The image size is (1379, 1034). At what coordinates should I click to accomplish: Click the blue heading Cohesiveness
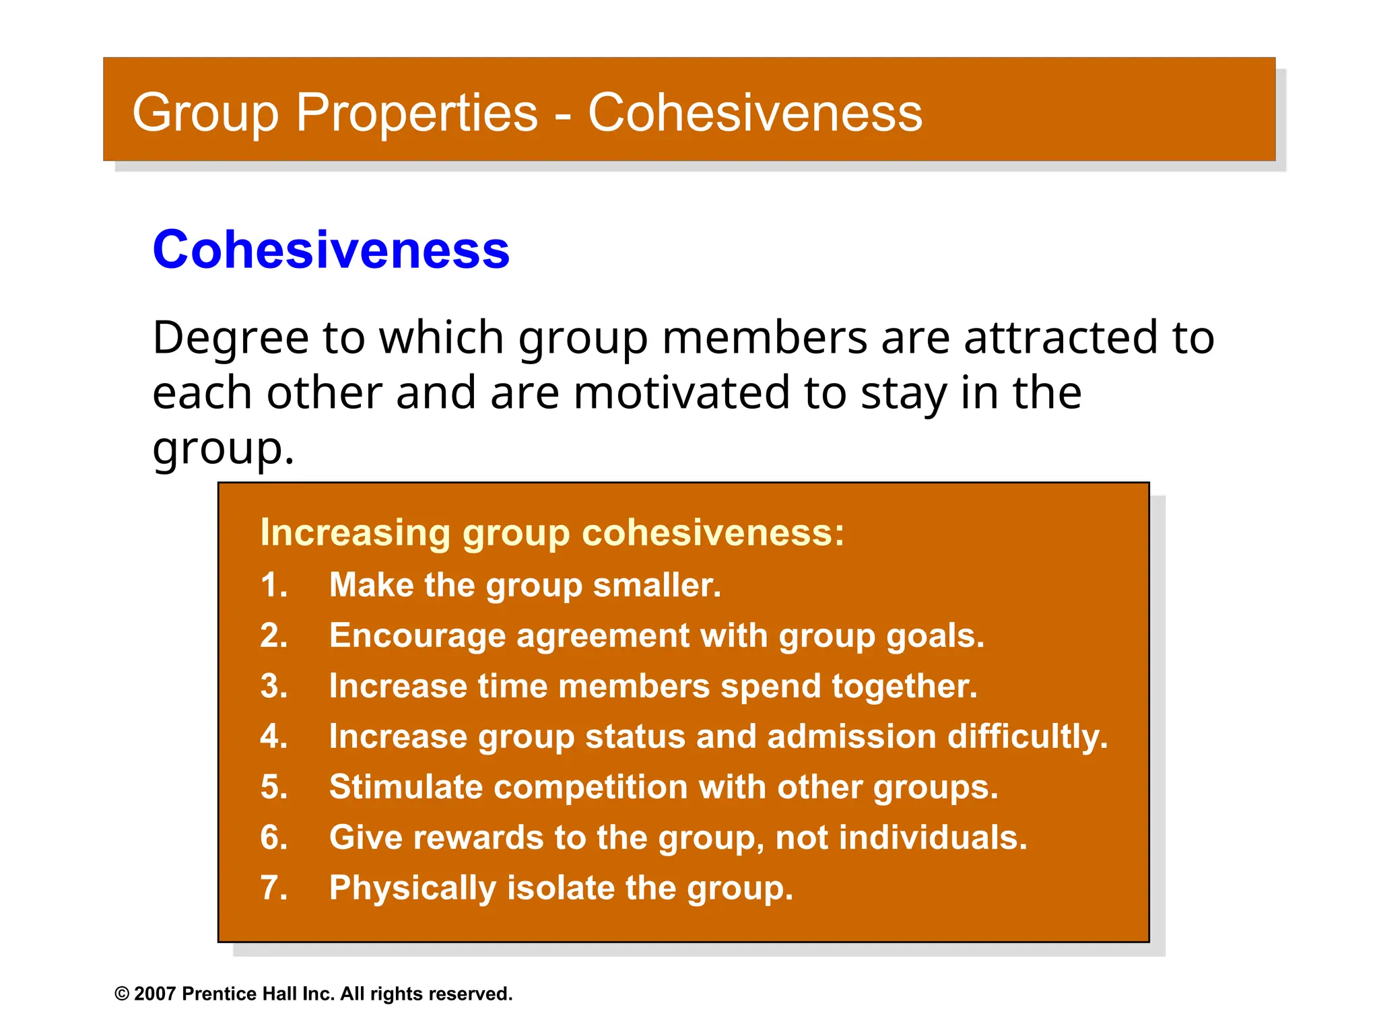point(331,250)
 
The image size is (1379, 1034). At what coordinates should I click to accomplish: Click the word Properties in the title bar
point(417,112)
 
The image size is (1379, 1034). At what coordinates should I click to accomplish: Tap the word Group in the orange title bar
point(205,112)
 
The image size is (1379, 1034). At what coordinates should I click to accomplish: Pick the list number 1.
point(273,585)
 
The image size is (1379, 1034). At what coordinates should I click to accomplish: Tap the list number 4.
point(273,736)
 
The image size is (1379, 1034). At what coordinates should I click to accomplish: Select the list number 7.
point(273,888)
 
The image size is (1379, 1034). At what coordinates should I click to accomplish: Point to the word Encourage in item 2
point(417,635)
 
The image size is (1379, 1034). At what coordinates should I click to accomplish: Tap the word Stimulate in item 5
point(405,787)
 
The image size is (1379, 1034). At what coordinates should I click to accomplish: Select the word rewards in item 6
point(478,838)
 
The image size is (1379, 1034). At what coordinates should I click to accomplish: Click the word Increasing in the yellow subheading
point(355,532)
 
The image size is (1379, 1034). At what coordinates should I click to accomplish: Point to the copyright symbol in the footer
point(122,994)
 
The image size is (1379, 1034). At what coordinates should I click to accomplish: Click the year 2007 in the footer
point(155,994)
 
